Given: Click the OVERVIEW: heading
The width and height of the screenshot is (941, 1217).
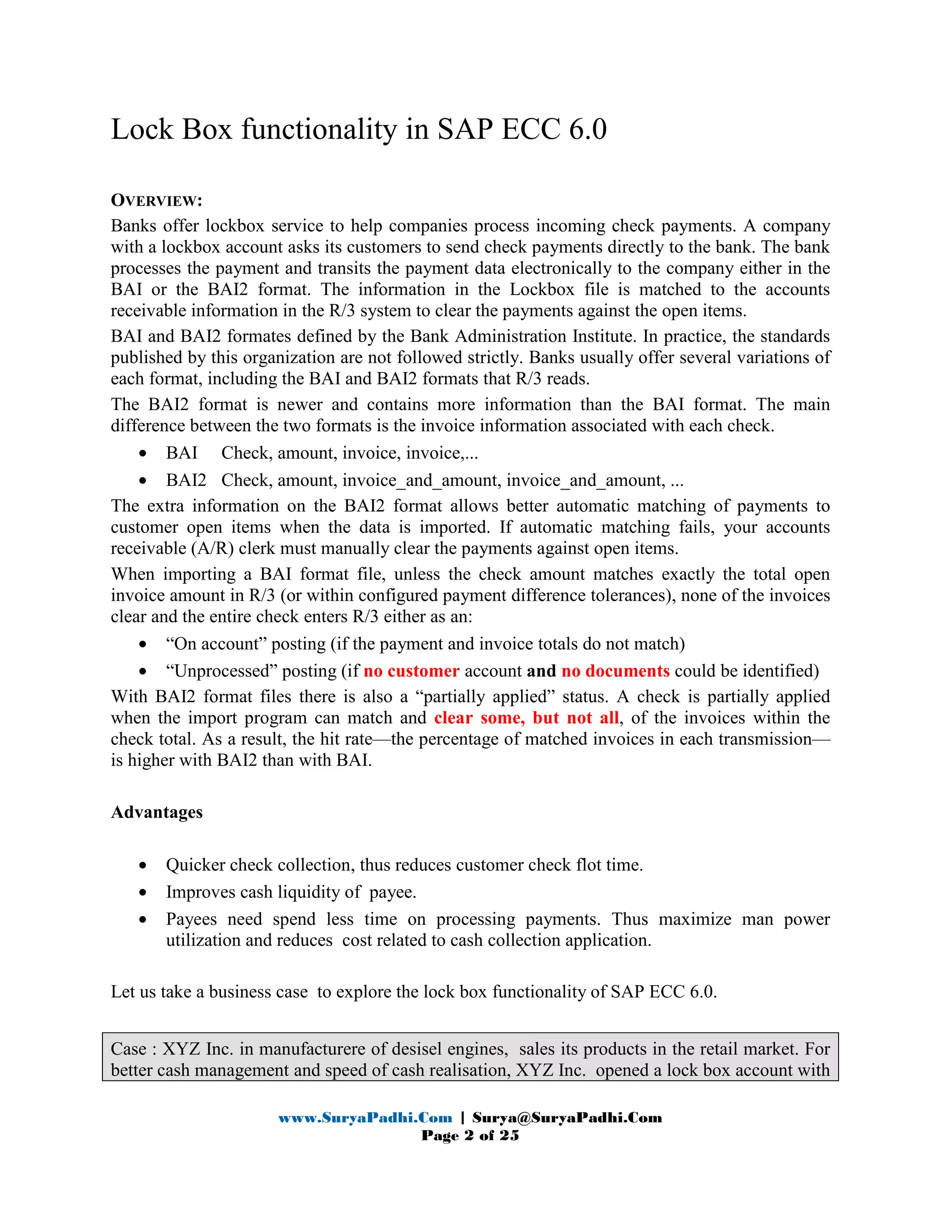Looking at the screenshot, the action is pyautogui.click(x=156, y=201).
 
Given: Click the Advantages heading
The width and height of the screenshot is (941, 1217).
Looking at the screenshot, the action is pyautogui.click(x=157, y=812).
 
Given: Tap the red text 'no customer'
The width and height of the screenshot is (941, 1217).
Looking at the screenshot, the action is pyautogui.click(x=411, y=671).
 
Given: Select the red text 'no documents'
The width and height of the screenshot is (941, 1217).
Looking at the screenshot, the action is pyautogui.click(x=615, y=671).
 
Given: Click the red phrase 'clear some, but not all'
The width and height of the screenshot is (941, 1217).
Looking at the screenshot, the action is pyautogui.click(x=526, y=718).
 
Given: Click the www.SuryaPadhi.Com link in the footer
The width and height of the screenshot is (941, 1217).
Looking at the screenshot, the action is pyautogui.click(x=365, y=1118).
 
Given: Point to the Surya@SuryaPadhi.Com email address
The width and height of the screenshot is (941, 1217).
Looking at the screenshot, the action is pyautogui.click(x=567, y=1118).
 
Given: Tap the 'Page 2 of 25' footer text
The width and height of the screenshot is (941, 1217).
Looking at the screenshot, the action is pyautogui.click(x=470, y=1136).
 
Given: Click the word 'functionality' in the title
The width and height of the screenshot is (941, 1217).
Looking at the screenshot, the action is pyautogui.click(x=318, y=130).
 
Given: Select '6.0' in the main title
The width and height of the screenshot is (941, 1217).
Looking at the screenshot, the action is pyautogui.click(x=588, y=130).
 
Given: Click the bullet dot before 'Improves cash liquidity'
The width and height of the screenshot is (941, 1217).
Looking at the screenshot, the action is pyautogui.click(x=143, y=893).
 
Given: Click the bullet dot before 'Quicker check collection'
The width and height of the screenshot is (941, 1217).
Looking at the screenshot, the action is pyautogui.click(x=143, y=865).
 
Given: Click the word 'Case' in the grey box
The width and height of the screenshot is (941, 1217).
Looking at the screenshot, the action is pyautogui.click(x=128, y=1049).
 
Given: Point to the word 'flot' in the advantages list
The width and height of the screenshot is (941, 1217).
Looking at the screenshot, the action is pyautogui.click(x=589, y=865).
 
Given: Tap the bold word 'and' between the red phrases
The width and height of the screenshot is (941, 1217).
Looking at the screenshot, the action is pyautogui.click(x=541, y=671).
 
